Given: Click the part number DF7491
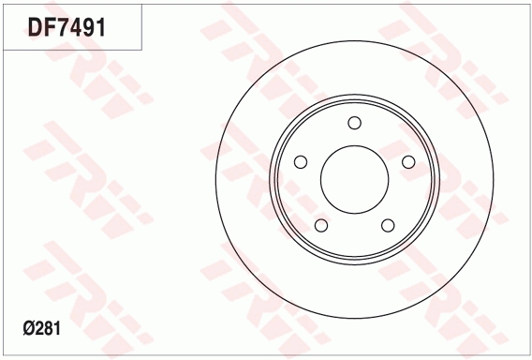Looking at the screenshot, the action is click(66, 27).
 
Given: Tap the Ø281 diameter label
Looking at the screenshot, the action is click(42, 329).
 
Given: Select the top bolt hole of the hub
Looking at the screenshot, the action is click(355, 123).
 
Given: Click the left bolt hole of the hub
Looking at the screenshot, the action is click(301, 162).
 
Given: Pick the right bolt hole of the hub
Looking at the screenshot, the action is click(408, 162).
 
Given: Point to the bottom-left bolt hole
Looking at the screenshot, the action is click(321, 225).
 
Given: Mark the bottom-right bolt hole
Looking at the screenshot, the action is click(388, 225).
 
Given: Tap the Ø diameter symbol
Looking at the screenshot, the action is click(28, 329).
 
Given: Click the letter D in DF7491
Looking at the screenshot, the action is click(35, 27).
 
